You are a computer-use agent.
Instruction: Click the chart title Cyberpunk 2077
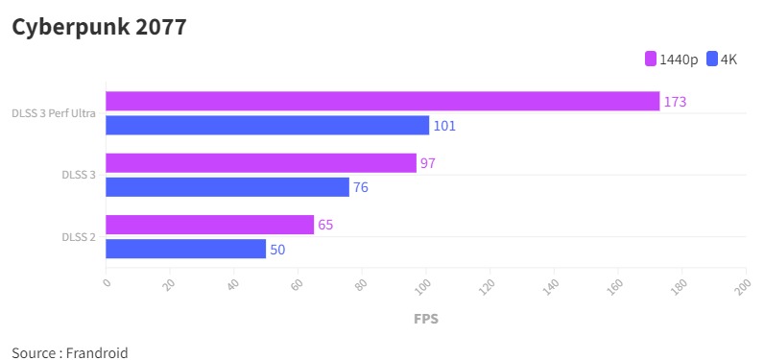(x=99, y=28)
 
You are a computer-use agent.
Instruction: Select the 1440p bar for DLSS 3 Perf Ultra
(x=382, y=101)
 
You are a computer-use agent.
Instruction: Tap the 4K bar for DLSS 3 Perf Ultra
(x=267, y=125)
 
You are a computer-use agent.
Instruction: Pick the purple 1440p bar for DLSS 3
(x=260, y=163)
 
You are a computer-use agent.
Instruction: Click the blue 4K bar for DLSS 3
(x=227, y=187)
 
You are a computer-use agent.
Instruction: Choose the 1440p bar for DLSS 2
(x=209, y=225)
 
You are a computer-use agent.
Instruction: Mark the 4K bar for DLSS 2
(x=185, y=249)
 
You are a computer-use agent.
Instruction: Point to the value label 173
(x=675, y=102)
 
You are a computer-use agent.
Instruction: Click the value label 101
(x=444, y=126)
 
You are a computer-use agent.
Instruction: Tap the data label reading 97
(x=428, y=163)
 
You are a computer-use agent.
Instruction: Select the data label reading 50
(x=277, y=250)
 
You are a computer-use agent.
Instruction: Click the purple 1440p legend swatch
(x=651, y=60)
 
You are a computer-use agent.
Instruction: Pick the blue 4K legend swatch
(x=712, y=60)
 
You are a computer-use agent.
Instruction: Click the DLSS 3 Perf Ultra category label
(x=53, y=113)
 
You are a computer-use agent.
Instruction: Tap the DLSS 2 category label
(x=79, y=237)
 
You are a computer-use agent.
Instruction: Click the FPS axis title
(x=426, y=318)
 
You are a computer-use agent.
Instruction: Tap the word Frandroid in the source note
(x=98, y=352)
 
